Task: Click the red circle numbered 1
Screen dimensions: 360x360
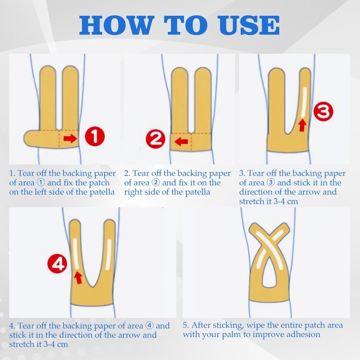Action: click(95, 136)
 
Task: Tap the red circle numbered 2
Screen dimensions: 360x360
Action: click(156, 139)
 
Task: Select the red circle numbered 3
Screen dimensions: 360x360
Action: click(323, 112)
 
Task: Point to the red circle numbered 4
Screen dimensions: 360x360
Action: click(57, 263)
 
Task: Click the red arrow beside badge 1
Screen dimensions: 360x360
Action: click(70, 139)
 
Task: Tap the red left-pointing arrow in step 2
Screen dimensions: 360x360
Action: click(181, 141)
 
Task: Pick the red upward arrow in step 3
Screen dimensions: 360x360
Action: click(302, 125)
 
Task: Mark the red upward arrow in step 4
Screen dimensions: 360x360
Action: click(78, 278)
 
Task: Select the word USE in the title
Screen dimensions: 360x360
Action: click(248, 25)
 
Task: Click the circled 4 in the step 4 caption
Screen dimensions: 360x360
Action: click(149, 325)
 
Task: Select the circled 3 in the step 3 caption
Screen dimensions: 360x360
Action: click(271, 183)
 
